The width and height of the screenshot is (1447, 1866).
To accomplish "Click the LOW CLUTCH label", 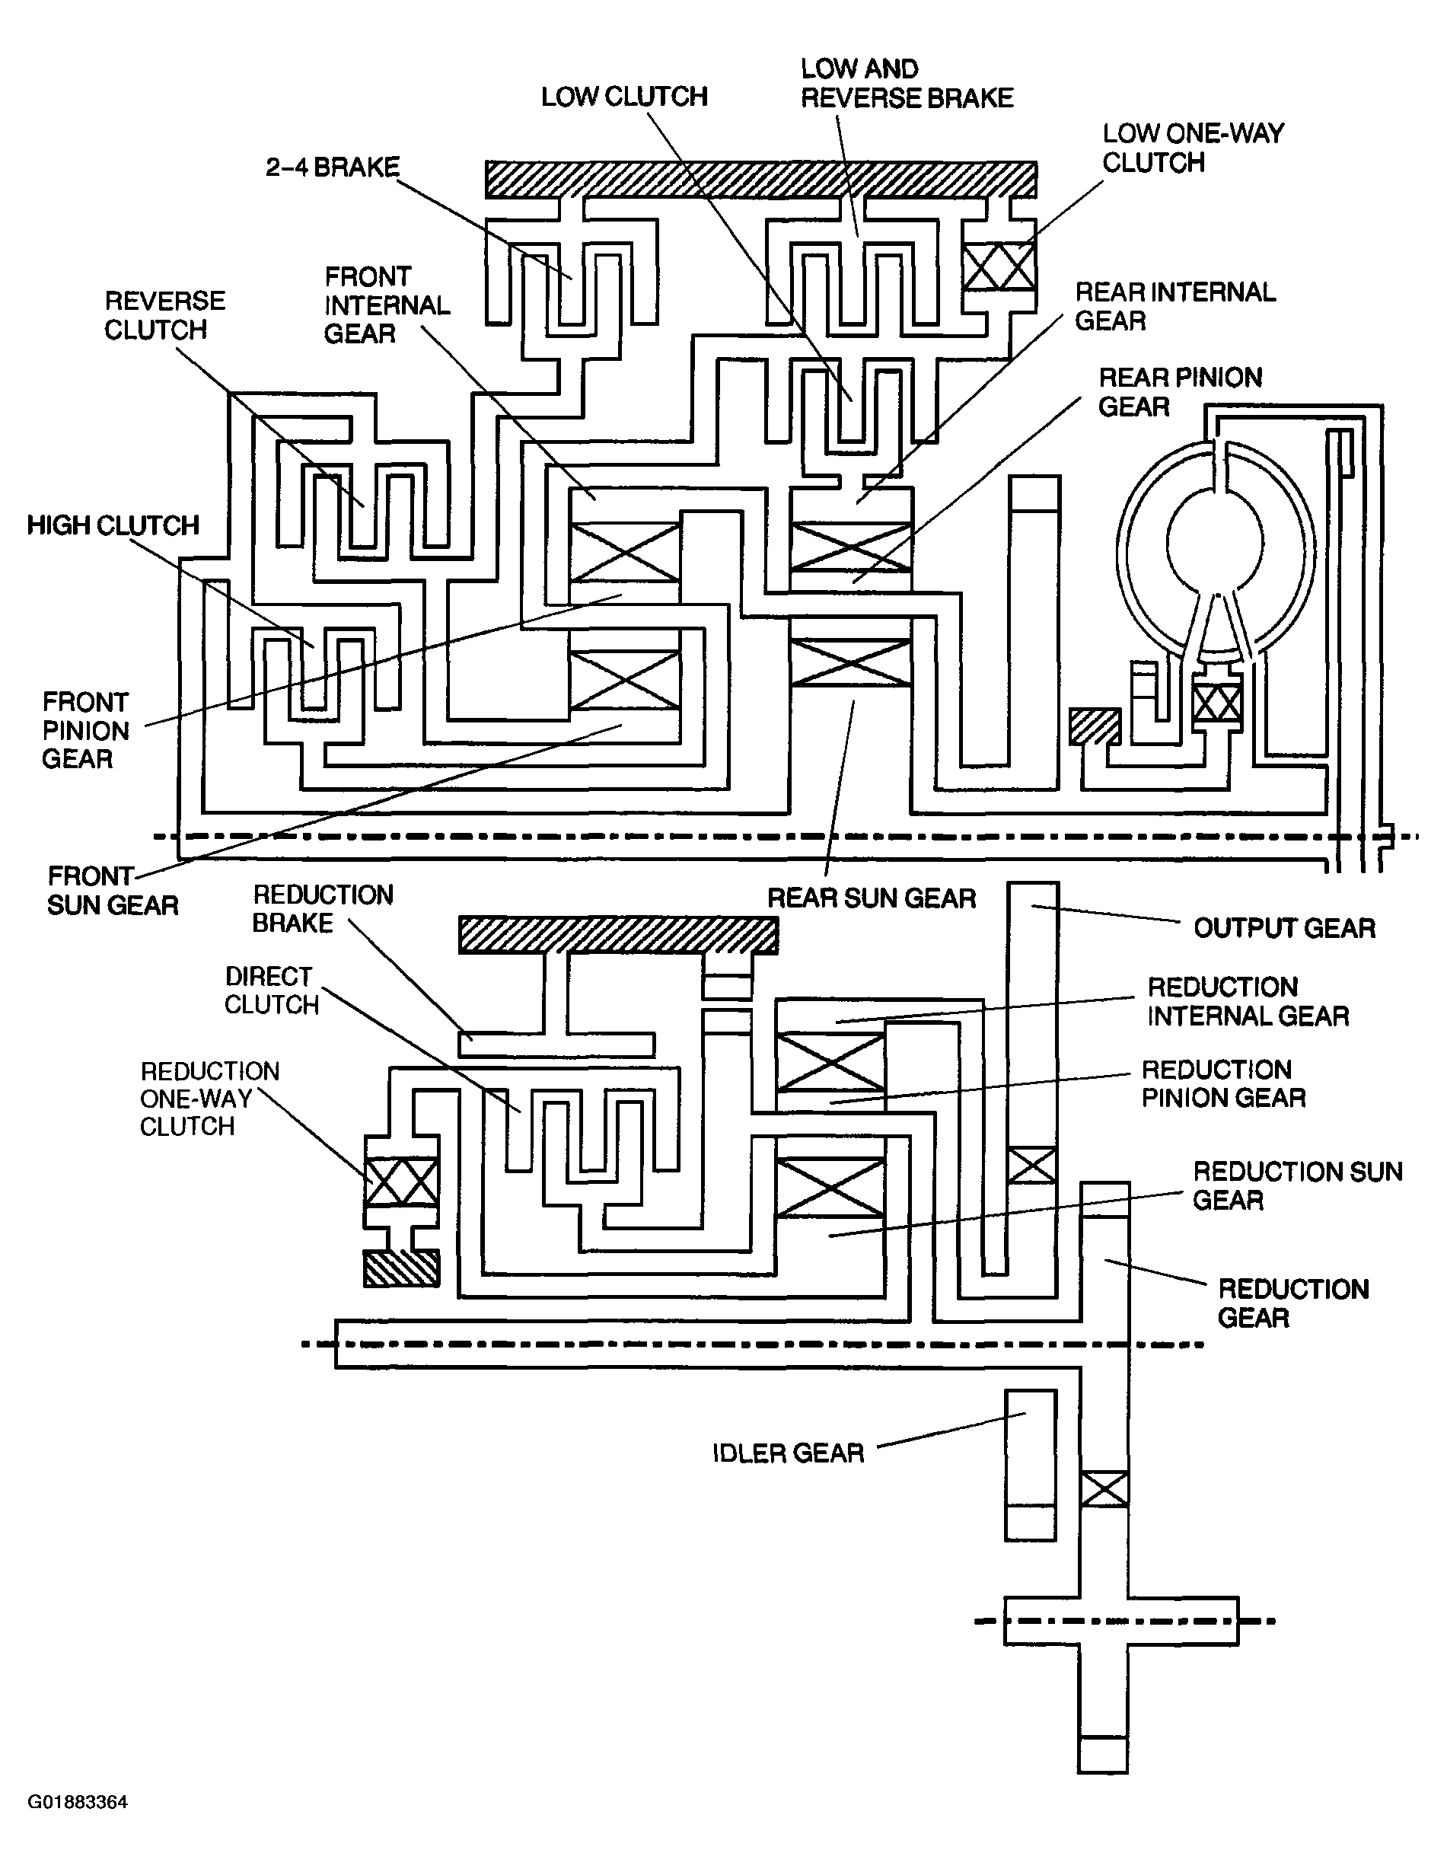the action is [624, 97].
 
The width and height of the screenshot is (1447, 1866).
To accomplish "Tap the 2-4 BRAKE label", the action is [333, 167].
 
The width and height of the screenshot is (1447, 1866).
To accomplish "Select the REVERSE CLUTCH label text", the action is [165, 315].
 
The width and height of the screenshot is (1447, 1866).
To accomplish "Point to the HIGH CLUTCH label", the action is [113, 525].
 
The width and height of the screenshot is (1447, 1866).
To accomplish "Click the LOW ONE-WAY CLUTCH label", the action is [1194, 148].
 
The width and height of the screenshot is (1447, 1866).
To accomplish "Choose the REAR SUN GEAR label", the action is [872, 898].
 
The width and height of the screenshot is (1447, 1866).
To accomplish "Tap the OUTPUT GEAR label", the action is [1285, 928].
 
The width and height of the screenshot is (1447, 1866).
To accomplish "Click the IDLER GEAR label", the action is [789, 1453].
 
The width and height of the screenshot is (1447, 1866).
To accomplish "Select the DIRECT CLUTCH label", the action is [272, 990].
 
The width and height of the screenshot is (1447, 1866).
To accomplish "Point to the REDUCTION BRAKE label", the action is [323, 908].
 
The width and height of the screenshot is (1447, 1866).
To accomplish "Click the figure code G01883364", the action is [78, 1802].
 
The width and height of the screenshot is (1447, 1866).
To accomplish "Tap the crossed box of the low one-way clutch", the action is [999, 266].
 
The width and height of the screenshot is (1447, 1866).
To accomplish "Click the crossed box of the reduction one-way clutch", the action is [401, 1182].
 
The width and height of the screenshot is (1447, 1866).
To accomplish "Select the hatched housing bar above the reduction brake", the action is [618, 935].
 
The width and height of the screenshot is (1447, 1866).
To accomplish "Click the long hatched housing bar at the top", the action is [761, 180].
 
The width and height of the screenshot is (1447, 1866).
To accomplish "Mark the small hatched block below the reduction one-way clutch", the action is [401, 1268].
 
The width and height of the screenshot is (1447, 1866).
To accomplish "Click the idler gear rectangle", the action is [1031, 1465].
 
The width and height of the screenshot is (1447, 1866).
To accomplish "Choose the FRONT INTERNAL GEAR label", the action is [387, 305].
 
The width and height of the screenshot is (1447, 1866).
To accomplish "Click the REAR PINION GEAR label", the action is [1181, 391].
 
